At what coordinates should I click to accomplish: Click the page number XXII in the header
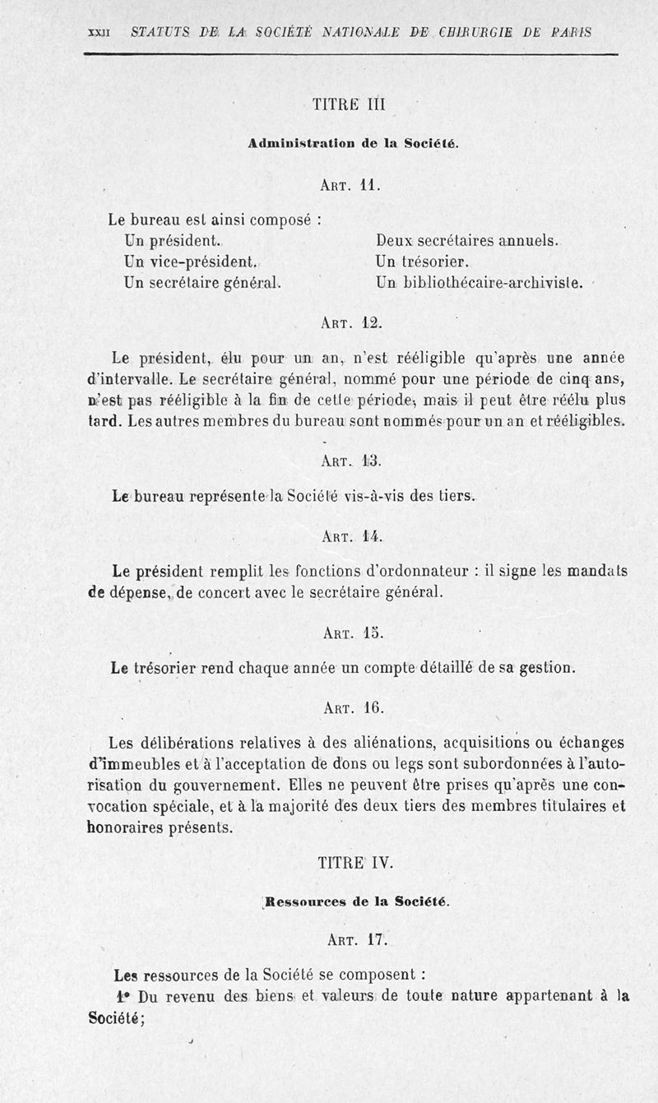tap(99, 33)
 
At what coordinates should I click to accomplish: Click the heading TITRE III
tap(349, 104)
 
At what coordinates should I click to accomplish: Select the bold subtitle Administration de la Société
tap(353, 143)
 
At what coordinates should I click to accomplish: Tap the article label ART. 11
tap(350, 185)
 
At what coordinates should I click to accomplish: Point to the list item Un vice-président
tap(191, 262)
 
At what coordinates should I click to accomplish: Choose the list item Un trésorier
tap(422, 262)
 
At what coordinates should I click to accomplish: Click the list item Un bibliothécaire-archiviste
tap(480, 283)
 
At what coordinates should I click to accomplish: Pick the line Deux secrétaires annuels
tap(467, 242)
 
